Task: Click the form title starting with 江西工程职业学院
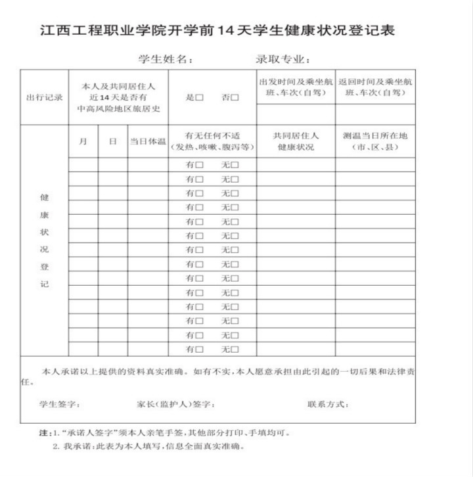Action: (217, 30)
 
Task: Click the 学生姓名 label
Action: (164, 60)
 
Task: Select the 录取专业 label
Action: (282, 60)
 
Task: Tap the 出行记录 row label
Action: (44, 97)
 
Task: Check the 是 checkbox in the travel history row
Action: (199, 97)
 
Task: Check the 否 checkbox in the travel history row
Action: (235, 97)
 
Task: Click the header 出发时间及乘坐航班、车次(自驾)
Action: (296, 87)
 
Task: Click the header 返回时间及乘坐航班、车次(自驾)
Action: (375, 87)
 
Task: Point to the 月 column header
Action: (83, 141)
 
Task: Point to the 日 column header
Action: (113, 141)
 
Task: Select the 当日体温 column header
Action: (147, 141)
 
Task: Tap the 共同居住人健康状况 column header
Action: (296, 141)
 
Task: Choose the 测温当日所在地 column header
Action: (375, 141)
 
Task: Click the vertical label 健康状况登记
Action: (44, 240)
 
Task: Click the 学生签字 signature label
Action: (59, 403)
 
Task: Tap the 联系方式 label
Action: (328, 403)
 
